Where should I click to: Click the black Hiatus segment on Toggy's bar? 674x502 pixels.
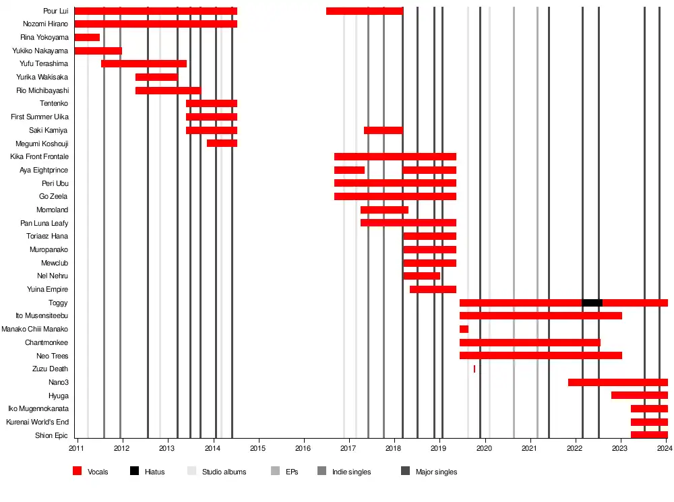click(592, 303)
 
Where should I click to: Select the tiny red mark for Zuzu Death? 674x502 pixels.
click(474, 369)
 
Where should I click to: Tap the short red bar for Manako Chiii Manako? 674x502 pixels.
click(464, 329)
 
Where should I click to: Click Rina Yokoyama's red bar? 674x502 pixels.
click(87, 37)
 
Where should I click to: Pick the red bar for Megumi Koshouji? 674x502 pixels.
click(222, 143)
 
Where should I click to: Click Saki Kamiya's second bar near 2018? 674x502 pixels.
click(383, 130)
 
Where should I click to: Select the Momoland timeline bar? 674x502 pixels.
click(384, 210)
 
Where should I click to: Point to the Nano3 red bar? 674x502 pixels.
click(617, 382)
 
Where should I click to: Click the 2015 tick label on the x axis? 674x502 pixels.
click(258, 448)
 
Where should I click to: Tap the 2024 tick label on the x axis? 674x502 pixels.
click(666, 448)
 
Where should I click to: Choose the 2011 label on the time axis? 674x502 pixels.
click(77, 448)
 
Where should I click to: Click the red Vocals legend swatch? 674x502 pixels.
click(78, 472)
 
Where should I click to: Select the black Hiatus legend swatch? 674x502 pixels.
click(135, 472)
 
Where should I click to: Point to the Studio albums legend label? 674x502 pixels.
click(224, 472)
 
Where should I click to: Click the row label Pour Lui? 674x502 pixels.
click(55, 11)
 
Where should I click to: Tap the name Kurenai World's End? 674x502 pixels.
click(37, 422)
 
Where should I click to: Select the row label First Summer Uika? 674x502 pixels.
click(40, 117)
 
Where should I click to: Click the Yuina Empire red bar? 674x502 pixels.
click(433, 289)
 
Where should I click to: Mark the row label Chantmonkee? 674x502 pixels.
click(47, 342)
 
